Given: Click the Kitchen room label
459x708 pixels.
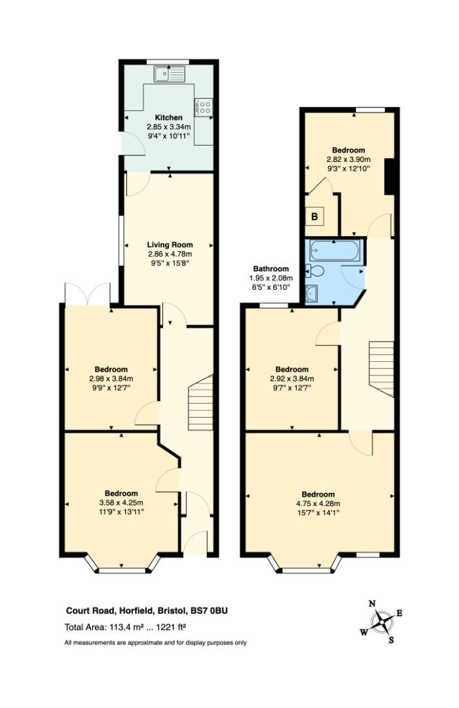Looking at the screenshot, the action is click(x=169, y=117).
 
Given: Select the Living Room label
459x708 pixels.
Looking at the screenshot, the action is click(x=170, y=245).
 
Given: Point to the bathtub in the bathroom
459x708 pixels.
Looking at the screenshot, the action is click(x=335, y=250).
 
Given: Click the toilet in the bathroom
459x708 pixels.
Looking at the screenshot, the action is click(x=314, y=272).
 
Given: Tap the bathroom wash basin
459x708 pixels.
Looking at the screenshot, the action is click(x=312, y=294).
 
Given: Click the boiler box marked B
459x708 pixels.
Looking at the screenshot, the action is click(x=315, y=217).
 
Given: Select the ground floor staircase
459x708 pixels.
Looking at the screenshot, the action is click(x=200, y=403).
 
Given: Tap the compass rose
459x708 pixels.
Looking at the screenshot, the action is click(x=382, y=622).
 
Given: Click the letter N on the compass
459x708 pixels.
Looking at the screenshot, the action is click(x=372, y=604).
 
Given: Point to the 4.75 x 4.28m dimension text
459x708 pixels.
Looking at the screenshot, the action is click(x=318, y=503).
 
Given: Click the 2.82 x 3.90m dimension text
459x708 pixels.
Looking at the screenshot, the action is click(x=348, y=159).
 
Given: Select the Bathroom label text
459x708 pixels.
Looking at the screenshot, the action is click(x=270, y=269).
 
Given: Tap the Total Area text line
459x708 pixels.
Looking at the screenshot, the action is click(x=125, y=627).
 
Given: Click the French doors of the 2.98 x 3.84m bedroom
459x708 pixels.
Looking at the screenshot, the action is click(x=88, y=294).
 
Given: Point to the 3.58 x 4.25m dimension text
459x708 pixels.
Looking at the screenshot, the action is click(x=121, y=503).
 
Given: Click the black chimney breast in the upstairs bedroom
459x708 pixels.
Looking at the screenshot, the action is click(x=390, y=176).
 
